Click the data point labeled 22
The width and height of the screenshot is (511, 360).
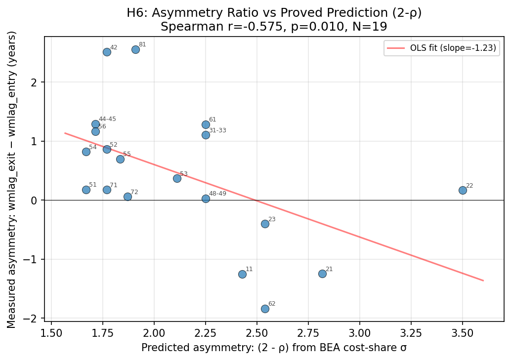(463, 190)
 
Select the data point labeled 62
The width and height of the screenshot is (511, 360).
(265, 309)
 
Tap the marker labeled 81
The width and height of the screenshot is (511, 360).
(135, 49)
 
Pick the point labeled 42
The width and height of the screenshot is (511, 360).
(107, 52)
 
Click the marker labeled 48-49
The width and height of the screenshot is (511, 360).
(206, 199)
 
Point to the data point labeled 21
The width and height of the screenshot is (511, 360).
(322, 274)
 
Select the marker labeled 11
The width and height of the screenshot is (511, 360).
(242, 274)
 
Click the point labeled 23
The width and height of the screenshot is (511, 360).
(265, 224)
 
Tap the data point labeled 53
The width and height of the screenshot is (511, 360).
(177, 178)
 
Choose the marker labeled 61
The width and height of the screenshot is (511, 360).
(206, 124)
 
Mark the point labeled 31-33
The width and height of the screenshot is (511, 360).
(206, 135)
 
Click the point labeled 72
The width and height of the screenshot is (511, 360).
(128, 197)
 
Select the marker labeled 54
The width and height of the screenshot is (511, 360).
(86, 152)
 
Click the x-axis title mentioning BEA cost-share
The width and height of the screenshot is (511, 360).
(274, 348)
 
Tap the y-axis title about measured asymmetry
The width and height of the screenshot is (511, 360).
(12, 179)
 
